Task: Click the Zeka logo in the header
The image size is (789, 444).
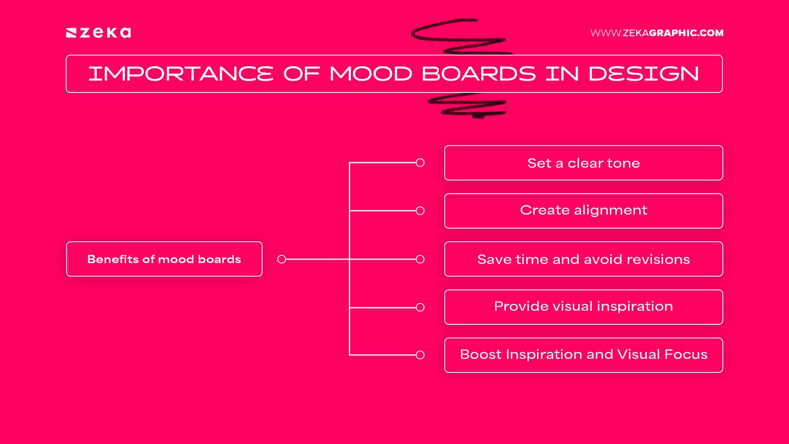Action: click(x=99, y=33)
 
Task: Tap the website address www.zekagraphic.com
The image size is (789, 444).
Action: click(x=657, y=33)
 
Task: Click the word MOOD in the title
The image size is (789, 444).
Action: click(x=371, y=74)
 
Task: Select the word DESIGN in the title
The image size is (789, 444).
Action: click(x=644, y=74)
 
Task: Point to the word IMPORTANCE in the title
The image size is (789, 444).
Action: click(x=181, y=74)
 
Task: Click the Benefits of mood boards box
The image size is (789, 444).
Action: click(x=164, y=259)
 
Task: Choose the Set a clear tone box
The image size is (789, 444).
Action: click(x=584, y=163)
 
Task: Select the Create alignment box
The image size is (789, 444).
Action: click(x=584, y=210)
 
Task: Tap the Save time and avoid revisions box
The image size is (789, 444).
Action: click(x=584, y=259)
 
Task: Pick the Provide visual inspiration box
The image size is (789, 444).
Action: click(x=584, y=307)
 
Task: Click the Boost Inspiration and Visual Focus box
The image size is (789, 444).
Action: click(x=584, y=355)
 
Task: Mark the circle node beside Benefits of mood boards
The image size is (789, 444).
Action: click(x=281, y=259)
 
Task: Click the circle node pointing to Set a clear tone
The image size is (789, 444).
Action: click(x=420, y=163)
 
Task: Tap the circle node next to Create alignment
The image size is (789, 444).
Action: click(x=420, y=210)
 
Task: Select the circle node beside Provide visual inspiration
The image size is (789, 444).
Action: click(x=420, y=307)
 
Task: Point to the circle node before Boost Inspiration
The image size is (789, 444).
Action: click(x=420, y=355)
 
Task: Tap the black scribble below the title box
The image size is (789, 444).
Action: click(x=468, y=106)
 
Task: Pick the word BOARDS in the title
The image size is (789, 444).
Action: click(x=479, y=74)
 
